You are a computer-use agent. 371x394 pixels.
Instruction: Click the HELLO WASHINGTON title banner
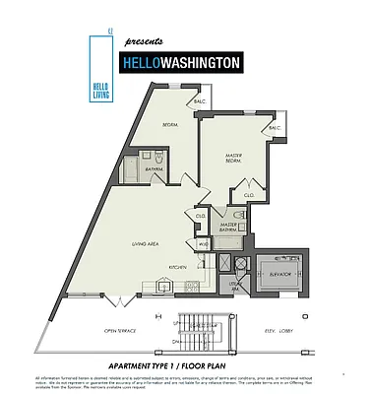181,63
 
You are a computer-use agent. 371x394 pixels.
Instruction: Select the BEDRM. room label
170,125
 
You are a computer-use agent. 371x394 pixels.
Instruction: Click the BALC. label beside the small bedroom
198,101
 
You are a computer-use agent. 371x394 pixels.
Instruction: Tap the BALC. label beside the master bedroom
275,128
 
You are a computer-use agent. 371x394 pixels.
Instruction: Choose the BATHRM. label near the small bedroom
155,170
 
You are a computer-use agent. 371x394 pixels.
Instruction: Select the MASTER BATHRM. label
230,227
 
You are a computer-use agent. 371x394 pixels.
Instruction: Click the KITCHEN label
177,267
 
